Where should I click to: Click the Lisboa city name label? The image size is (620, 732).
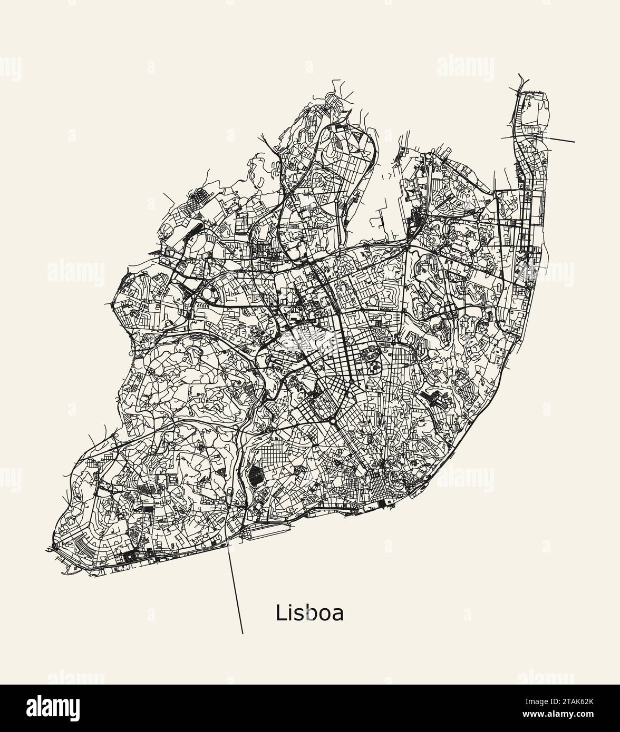click(x=309, y=613)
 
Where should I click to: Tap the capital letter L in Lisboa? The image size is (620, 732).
click(x=280, y=613)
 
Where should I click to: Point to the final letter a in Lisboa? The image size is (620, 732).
click(x=338, y=615)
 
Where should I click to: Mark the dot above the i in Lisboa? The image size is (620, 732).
click(x=290, y=606)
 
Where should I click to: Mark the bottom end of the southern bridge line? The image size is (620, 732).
click(x=243, y=632)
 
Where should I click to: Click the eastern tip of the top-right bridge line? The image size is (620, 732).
click(x=575, y=142)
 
